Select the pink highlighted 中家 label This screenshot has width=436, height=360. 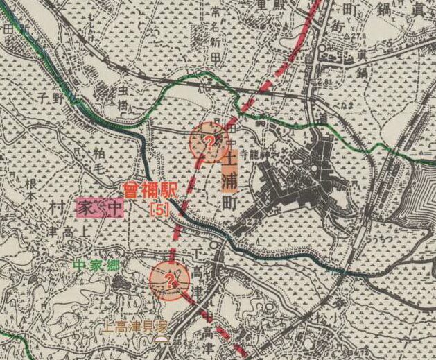[x=101, y=207]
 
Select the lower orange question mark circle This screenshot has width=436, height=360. [x=168, y=281]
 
